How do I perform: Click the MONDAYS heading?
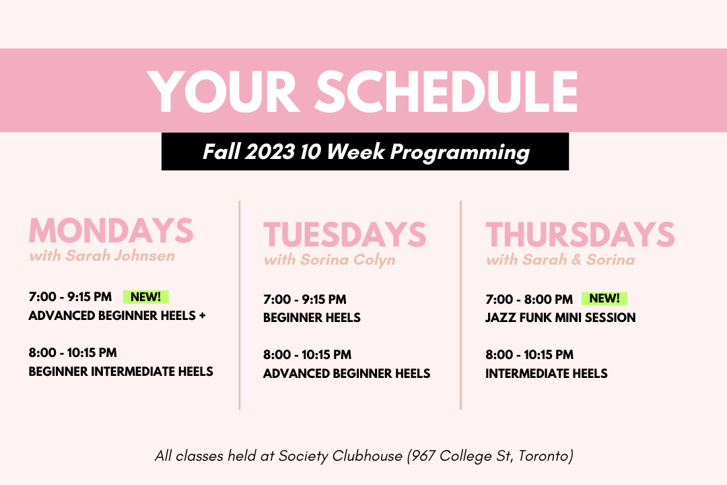111,230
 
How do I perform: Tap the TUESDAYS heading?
345,234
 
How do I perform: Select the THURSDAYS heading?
580,234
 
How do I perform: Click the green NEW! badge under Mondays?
145,296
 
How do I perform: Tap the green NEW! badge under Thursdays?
604,298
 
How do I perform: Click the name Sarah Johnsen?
120,256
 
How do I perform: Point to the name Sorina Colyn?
348,260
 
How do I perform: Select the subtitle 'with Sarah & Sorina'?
560,259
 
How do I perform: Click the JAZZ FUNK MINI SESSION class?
560,317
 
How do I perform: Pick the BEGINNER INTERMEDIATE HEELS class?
120,371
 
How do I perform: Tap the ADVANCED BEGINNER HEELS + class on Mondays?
117,316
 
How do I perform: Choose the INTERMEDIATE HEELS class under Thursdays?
546,373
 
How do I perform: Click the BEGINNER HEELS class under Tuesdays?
312,317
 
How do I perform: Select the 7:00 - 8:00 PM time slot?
529,299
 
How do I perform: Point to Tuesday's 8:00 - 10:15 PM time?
307,354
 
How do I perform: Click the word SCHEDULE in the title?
448,92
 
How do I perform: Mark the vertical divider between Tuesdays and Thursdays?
460,305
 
